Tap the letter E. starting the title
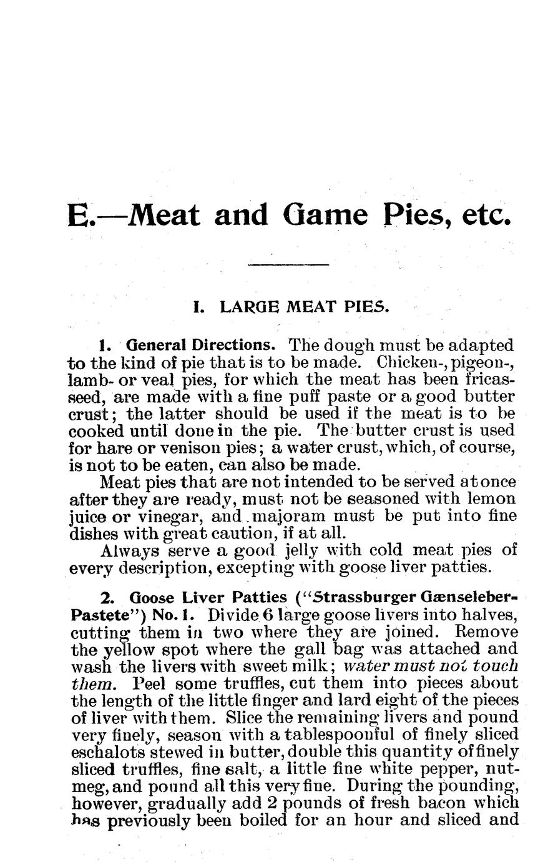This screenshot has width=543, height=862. pyautogui.click(x=80, y=215)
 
